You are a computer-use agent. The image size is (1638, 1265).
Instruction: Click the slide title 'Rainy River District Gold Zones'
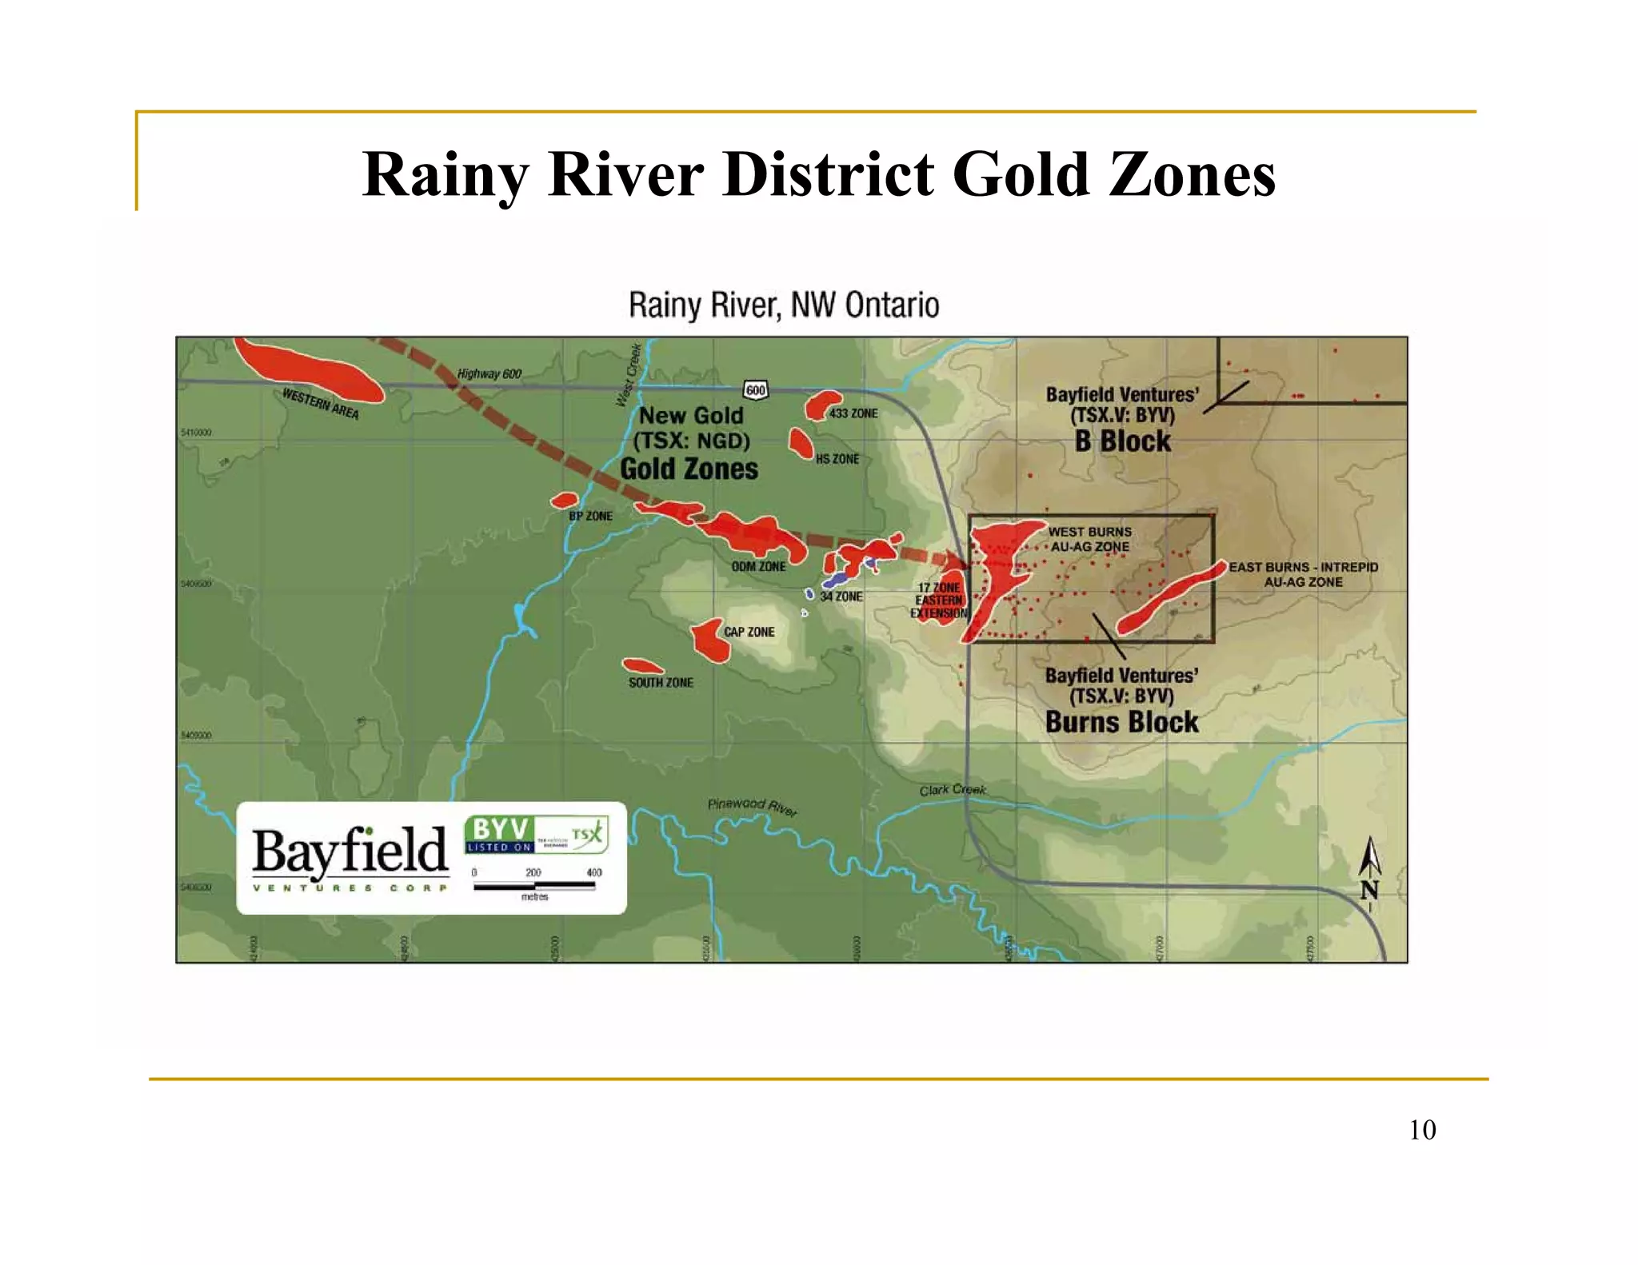pos(818,174)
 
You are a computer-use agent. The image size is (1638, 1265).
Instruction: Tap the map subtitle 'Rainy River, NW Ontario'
pos(784,305)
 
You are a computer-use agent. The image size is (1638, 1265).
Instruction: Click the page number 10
pos(1421,1130)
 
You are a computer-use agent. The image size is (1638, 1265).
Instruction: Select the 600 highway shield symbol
pos(755,390)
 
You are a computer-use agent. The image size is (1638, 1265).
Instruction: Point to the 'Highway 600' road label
pos(489,373)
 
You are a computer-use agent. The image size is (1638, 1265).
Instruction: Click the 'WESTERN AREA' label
pos(321,404)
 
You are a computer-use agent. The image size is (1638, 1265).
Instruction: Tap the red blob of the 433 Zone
pos(821,405)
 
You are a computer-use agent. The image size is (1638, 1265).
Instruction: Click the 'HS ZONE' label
pos(837,459)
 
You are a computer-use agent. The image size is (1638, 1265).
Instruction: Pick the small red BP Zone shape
pos(564,501)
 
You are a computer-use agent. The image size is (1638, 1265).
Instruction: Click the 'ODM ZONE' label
pos(758,566)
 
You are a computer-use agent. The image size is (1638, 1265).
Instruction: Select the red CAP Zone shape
pos(708,638)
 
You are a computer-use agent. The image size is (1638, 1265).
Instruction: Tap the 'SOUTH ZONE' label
pos(661,682)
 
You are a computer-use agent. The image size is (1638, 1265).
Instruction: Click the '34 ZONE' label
pos(841,597)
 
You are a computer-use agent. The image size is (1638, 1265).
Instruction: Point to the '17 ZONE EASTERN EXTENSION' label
pos(938,601)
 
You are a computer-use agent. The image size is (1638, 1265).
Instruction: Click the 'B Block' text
pos(1122,441)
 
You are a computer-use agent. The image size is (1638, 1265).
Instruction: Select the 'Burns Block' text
pos(1121,722)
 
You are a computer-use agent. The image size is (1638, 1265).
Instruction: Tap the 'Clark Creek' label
pos(952,790)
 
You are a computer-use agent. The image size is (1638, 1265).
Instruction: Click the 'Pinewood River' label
pos(752,806)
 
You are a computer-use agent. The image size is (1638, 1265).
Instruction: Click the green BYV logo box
pos(499,834)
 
